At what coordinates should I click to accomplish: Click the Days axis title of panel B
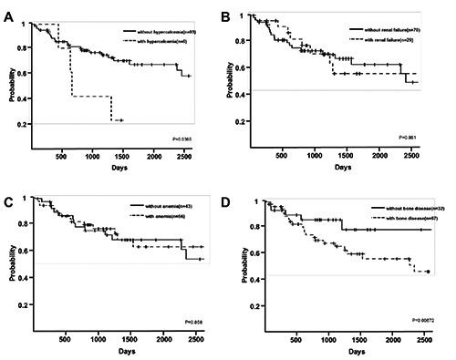coord(342,167)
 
